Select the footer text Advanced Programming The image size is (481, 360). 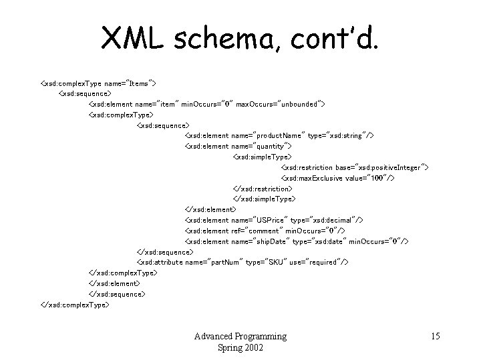pos(240,336)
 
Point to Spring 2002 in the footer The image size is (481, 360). pos(240,347)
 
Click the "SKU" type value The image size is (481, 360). pos(282,262)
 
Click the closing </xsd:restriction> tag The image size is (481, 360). pos(263,189)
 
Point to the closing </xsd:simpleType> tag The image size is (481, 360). pos(264,199)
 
